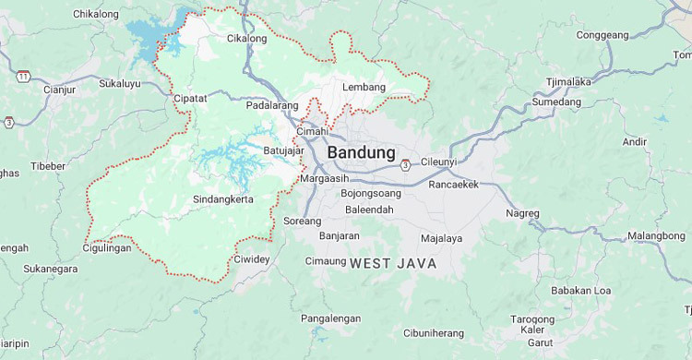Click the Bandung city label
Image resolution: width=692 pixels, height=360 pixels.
click(361, 152)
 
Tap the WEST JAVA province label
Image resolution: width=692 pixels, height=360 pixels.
click(392, 264)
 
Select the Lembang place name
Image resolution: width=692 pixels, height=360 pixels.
click(363, 87)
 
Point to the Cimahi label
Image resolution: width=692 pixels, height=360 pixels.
click(312, 132)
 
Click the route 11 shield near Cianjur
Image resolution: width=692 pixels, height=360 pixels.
click(22, 76)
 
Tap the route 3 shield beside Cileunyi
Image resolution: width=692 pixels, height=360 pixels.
click(404, 165)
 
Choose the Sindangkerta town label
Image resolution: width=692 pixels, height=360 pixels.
click(222, 200)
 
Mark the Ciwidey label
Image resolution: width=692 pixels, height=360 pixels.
click(252, 259)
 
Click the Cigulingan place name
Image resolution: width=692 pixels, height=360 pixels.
click(107, 247)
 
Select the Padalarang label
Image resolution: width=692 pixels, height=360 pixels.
click(272, 106)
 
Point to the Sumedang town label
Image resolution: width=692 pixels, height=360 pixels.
click(556, 102)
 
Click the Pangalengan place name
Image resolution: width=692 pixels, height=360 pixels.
click(331, 318)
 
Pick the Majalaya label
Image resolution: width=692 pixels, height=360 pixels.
click(441, 238)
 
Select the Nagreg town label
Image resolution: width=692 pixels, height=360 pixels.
click(522, 213)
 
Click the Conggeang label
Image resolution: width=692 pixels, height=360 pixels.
click(602, 36)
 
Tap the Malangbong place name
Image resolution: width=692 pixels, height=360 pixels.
click(630, 236)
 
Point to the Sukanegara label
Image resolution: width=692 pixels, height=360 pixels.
click(51, 269)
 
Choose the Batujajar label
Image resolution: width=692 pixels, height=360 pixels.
click(283, 150)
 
